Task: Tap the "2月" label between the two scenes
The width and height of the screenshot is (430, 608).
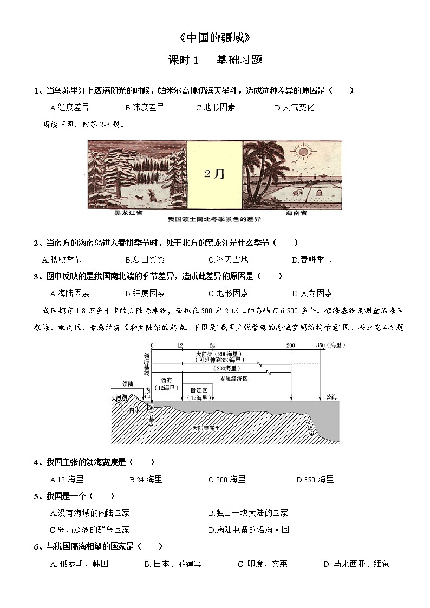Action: (x=214, y=174)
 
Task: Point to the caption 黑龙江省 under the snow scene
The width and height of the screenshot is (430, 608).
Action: (x=128, y=213)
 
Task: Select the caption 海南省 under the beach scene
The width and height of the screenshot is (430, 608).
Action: (x=296, y=213)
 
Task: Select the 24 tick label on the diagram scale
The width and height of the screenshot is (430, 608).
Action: (x=212, y=345)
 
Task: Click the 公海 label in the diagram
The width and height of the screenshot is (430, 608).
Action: (x=331, y=397)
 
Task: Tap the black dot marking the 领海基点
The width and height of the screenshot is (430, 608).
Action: (x=152, y=401)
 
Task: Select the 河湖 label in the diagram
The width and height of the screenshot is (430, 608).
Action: (x=121, y=397)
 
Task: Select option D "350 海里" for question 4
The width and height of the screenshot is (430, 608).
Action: (x=315, y=479)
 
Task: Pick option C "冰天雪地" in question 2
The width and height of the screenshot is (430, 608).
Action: (x=228, y=260)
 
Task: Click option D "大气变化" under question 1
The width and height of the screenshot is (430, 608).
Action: (x=295, y=107)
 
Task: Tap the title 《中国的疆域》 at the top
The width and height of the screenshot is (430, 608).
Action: (x=215, y=38)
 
